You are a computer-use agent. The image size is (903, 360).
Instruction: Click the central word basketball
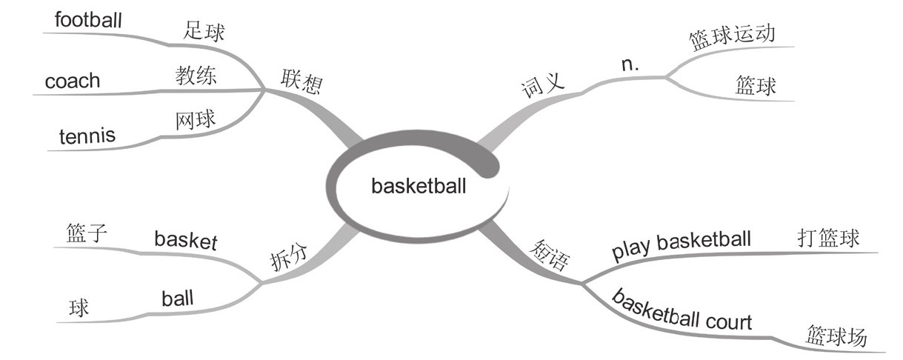click(419, 186)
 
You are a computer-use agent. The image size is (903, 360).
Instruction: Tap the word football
click(87, 19)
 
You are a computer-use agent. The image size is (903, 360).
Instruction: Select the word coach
click(72, 80)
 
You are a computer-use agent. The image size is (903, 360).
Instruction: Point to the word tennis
click(87, 136)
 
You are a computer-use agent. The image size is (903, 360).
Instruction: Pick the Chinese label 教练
click(196, 76)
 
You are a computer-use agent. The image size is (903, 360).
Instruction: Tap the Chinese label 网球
click(196, 120)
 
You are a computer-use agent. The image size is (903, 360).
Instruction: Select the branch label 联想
click(301, 81)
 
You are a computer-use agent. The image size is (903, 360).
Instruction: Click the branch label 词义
click(543, 87)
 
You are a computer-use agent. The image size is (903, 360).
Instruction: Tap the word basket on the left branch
click(185, 239)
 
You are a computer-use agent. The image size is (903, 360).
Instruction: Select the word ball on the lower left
click(177, 299)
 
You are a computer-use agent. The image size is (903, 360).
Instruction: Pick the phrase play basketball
click(682, 245)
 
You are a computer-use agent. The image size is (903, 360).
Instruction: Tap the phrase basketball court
click(682, 312)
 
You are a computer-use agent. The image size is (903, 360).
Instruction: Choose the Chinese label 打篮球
click(827, 239)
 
